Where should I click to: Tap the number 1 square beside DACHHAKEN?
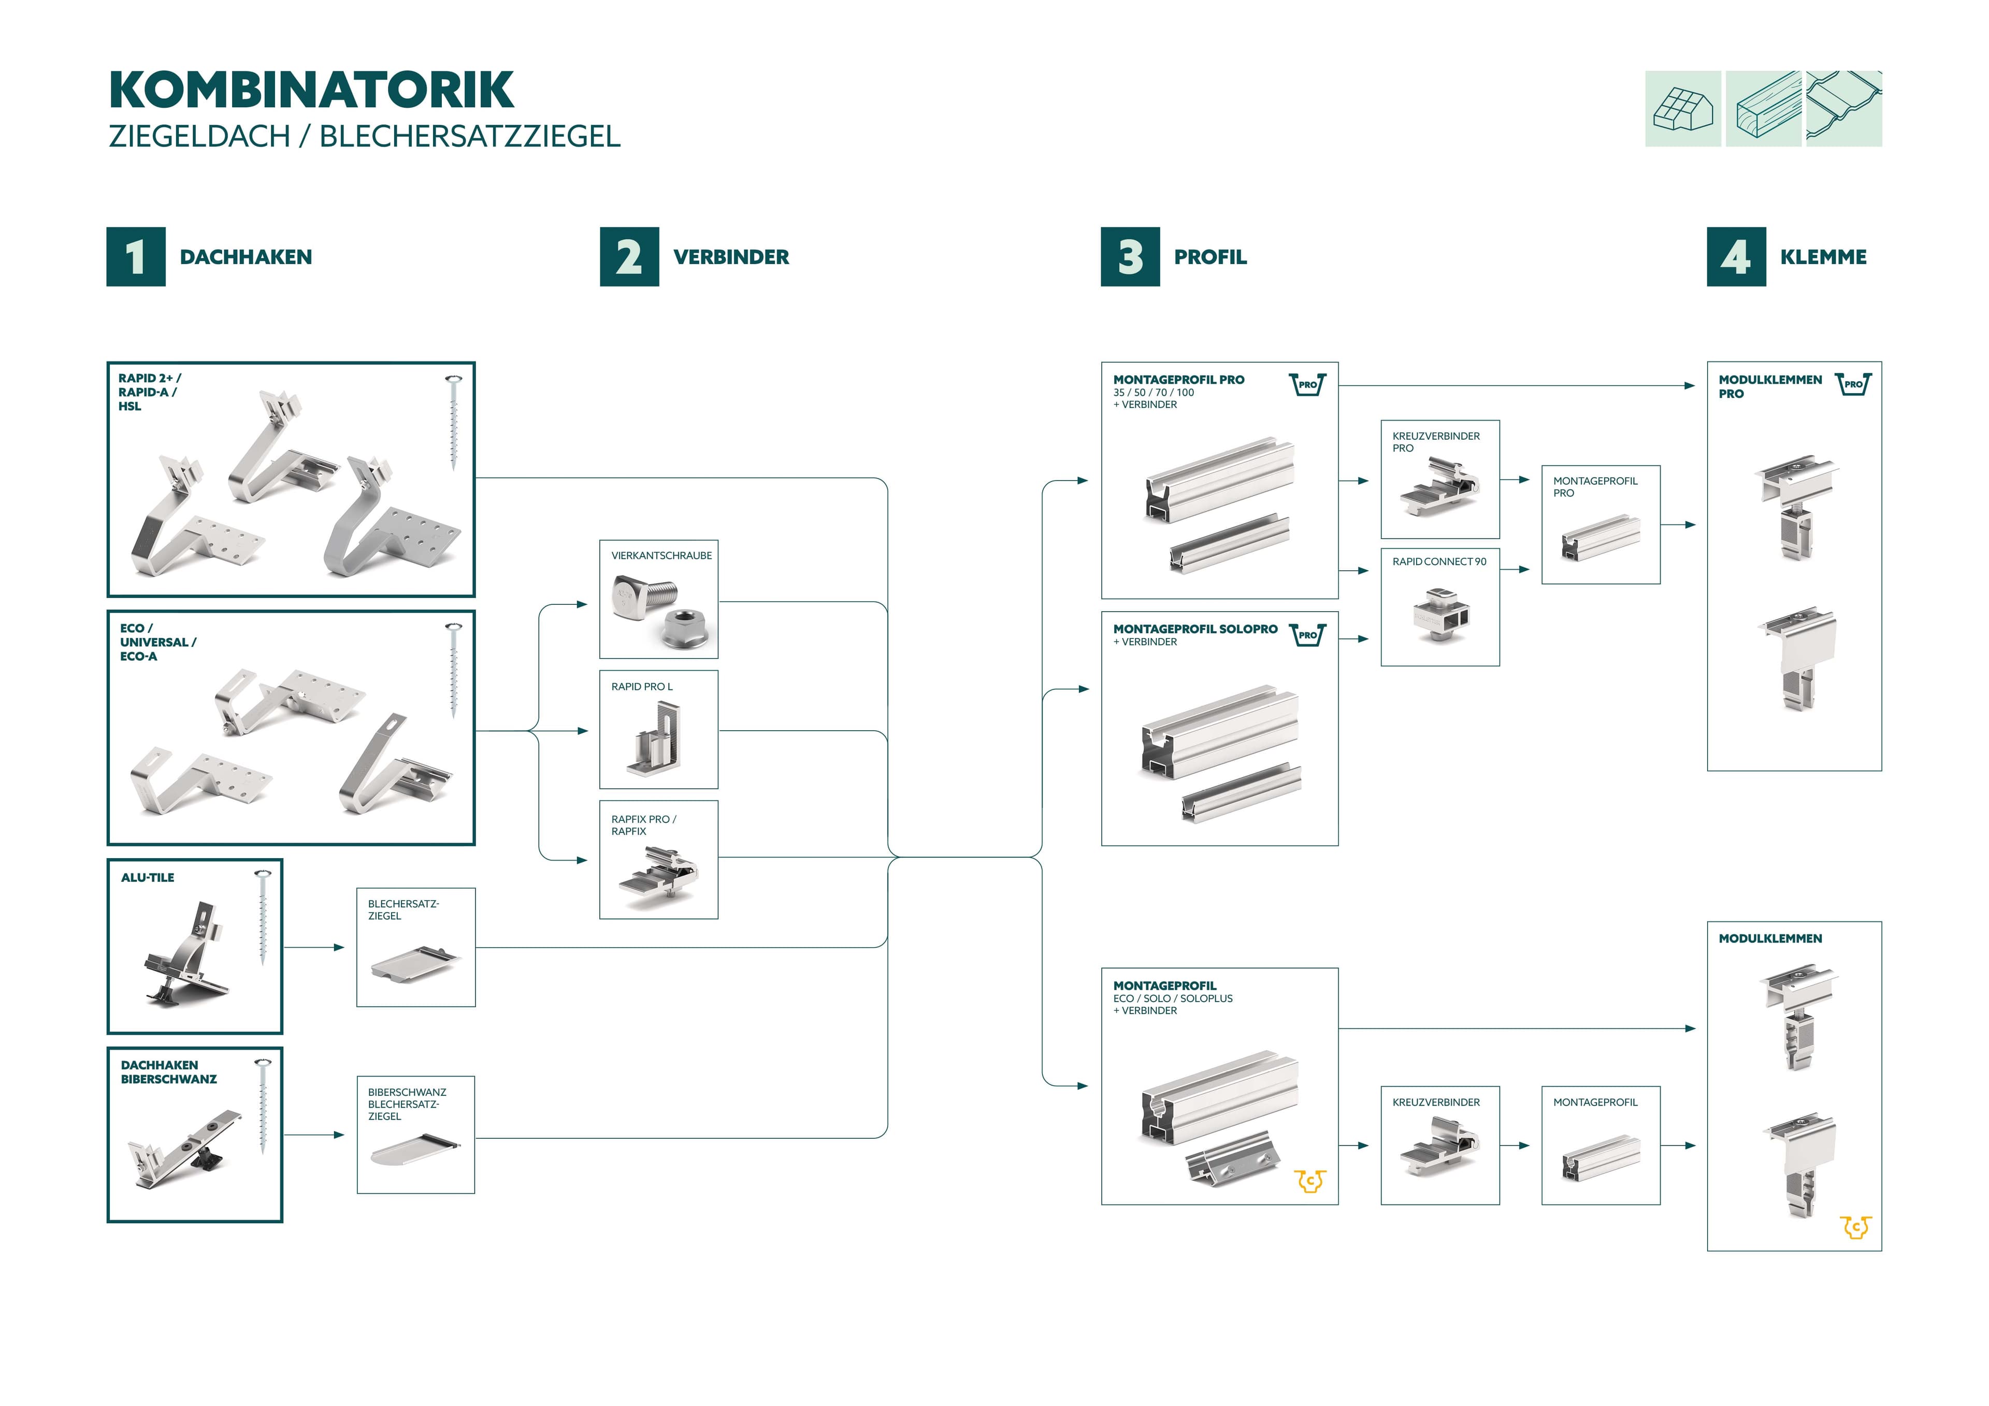pos(136,256)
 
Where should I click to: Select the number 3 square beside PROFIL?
pos(1130,256)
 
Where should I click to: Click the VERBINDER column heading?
pos(730,257)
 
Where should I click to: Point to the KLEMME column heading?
pos(1823,257)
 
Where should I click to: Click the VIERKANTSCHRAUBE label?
pos(661,555)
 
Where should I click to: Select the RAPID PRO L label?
pos(641,686)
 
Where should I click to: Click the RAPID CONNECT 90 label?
pos(1439,561)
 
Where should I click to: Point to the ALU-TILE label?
pos(147,878)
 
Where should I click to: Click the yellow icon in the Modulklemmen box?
pos(1855,1227)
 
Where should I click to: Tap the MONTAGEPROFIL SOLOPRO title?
pos(1194,629)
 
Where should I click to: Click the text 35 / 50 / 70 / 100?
pos(1153,393)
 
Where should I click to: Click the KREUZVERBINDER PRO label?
pos(1435,442)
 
